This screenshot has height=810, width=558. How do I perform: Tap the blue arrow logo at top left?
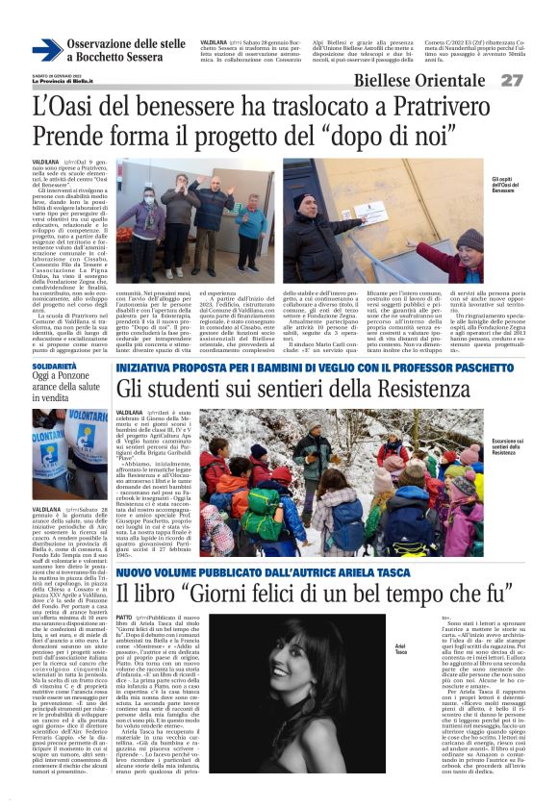coord(46,51)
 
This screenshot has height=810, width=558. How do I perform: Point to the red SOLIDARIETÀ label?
coord(54,367)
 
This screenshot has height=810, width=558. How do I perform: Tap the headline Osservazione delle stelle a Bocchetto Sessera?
coord(125,51)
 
